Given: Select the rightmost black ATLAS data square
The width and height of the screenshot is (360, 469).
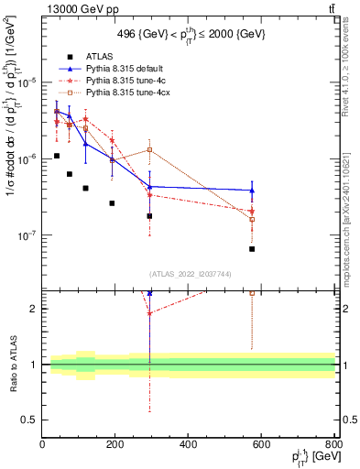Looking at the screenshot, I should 252,249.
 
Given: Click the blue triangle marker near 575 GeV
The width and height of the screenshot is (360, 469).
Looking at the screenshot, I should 252,191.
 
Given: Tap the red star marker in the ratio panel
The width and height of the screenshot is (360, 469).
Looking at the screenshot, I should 149,313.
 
